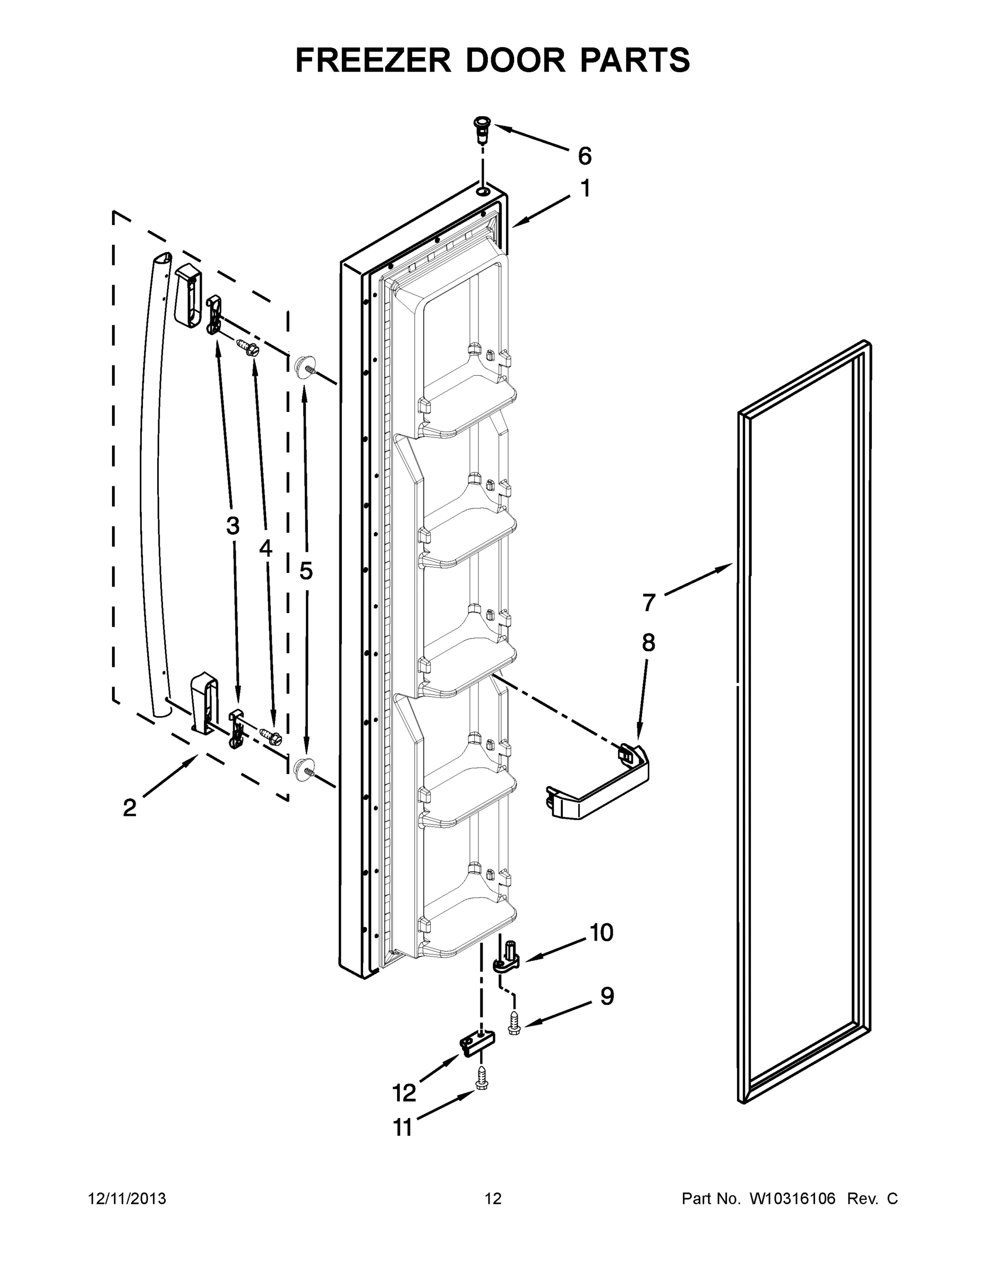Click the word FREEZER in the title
click(x=373, y=60)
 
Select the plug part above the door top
click(x=482, y=129)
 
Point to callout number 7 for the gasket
click(x=649, y=602)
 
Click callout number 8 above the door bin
click(x=648, y=643)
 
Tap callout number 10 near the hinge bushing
click(x=601, y=932)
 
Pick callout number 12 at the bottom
click(x=404, y=1092)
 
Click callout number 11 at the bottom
click(x=402, y=1128)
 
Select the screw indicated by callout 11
click(x=482, y=1076)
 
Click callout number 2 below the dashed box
click(x=130, y=808)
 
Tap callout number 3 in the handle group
click(x=233, y=526)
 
